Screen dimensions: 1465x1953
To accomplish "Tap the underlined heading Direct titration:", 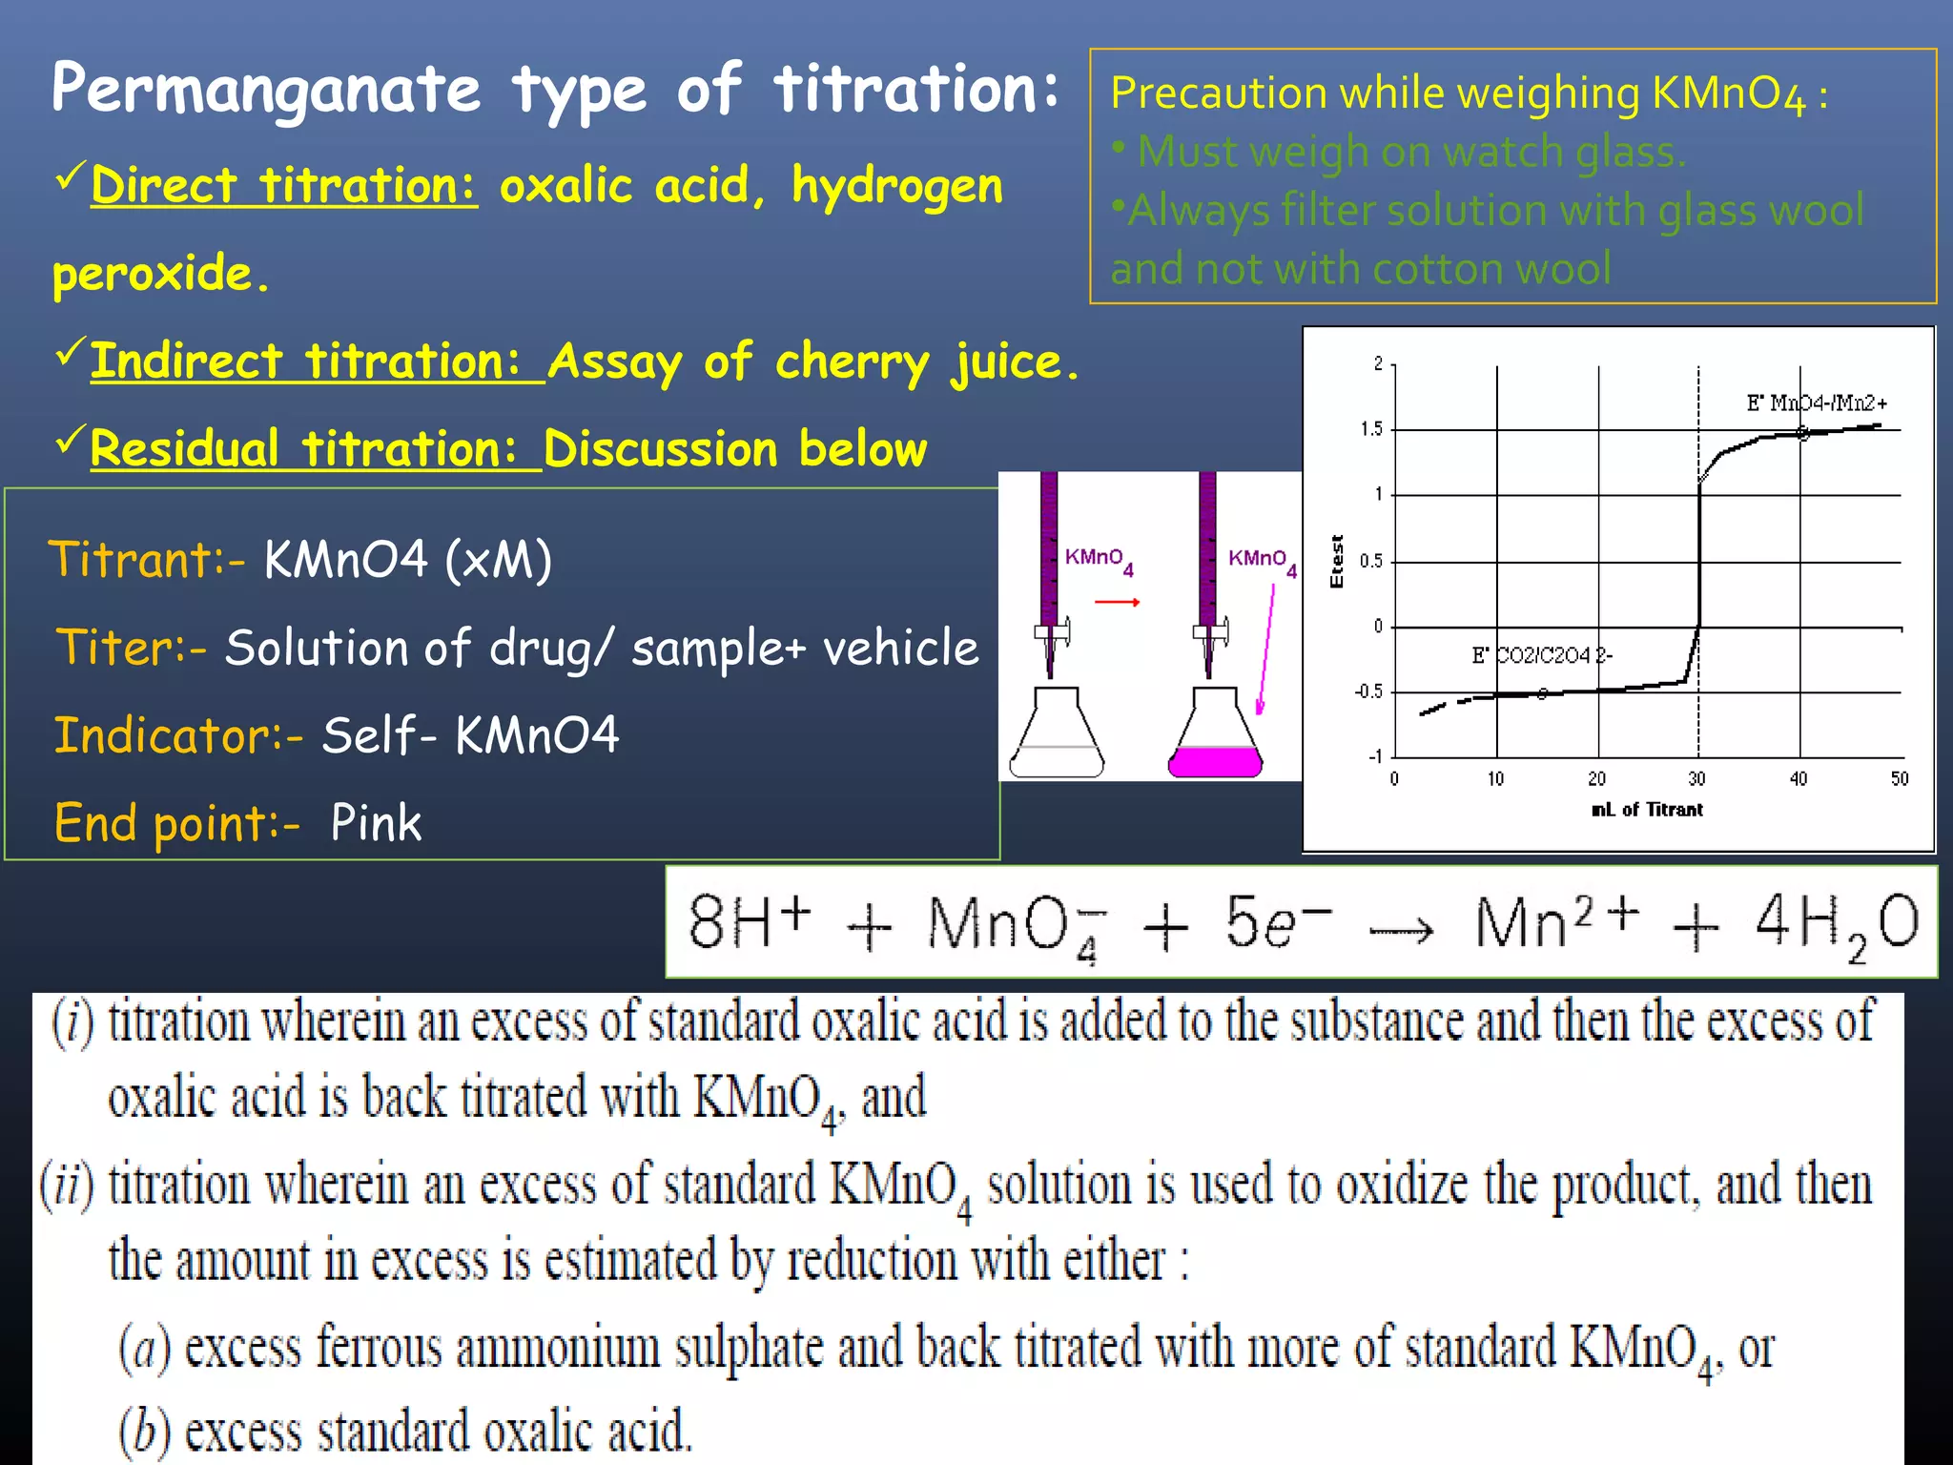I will (x=283, y=185).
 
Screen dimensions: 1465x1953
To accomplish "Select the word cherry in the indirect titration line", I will (x=852, y=362).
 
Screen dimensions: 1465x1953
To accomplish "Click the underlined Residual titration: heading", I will (x=303, y=449).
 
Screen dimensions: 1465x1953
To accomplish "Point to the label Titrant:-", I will (x=147, y=559).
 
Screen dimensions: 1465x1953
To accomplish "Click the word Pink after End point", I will (x=376, y=822).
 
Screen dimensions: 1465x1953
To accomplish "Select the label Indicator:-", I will (x=178, y=735).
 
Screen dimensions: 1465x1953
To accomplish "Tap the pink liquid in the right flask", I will (x=1215, y=761).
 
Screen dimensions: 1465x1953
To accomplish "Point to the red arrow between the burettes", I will (x=1117, y=602).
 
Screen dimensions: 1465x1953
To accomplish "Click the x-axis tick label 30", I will (x=1696, y=779).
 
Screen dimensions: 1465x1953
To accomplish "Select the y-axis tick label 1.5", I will (x=1371, y=429).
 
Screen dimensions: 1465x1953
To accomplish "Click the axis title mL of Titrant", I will (x=1647, y=810).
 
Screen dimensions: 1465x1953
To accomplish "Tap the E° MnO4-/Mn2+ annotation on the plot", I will (x=1816, y=402).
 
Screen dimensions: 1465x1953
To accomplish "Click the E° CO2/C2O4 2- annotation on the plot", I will (x=1541, y=655).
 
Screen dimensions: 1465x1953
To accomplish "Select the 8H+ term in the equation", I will (x=750, y=921).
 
